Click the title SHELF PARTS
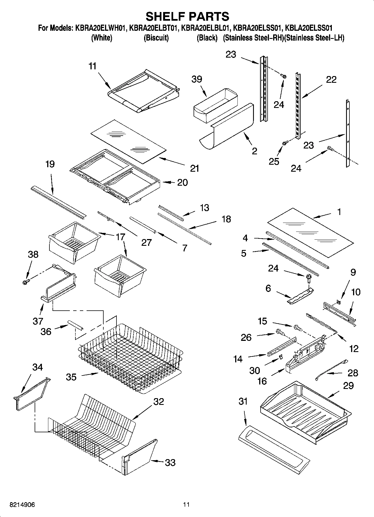click(x=187, y=16)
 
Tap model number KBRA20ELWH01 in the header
click(x=101, y=28)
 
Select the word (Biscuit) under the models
click(x=156, y=38)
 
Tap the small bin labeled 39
click(x=215, y=105)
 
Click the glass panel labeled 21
click(x=128, y=141)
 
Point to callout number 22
click(x=331, y=79)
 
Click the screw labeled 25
click(x=285, y=143)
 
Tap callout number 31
click(x=243, y=401)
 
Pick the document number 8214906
click(x=22, y=504)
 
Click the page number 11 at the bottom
click(x=187, y=504)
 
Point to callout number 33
click(x=170, y=462)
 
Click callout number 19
click(x=50, y=164)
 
